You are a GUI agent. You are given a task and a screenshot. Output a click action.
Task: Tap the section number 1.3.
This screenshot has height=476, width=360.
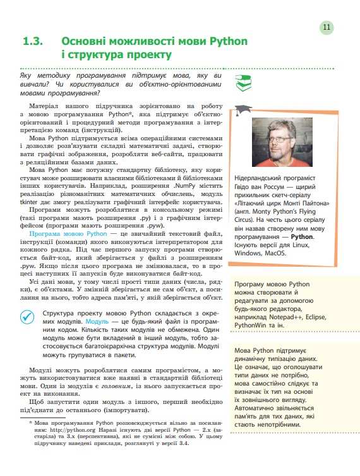pos(32,42)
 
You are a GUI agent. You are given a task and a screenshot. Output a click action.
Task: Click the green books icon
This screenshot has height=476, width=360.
pos(242,80)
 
